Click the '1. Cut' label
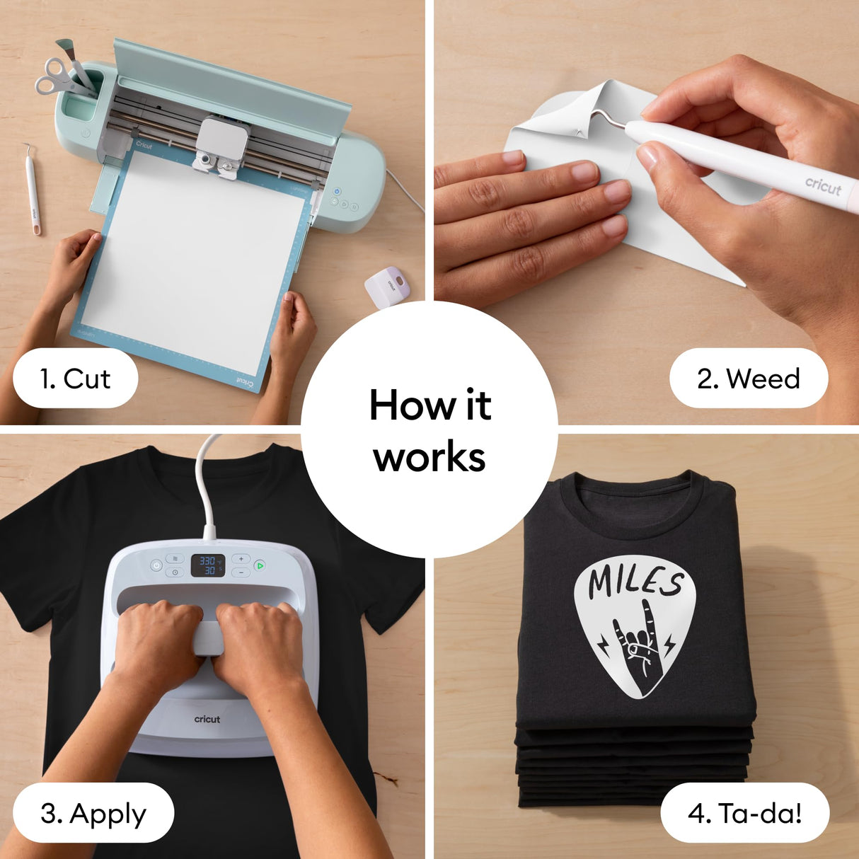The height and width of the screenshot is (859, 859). point(75,379)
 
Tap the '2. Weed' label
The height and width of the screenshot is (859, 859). point(748,379)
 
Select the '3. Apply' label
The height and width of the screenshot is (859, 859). point(93,813)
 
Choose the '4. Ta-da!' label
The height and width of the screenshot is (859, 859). point(744,813)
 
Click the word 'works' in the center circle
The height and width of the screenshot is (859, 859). point(429,457)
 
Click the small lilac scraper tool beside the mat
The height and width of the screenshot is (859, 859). point(387,286)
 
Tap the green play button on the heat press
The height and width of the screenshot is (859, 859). point(260,565)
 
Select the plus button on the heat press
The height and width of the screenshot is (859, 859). point(241,559)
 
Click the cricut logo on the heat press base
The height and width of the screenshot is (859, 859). point(207,719)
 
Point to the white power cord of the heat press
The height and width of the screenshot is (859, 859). point(206,481)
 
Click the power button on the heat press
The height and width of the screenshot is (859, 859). point(156,565)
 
